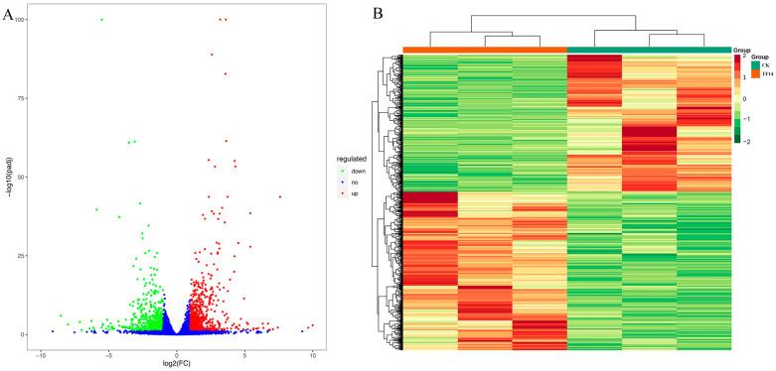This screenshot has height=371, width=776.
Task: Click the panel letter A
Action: [x=9, y=17]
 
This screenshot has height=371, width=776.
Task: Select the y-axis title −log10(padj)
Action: [x=7, y=177]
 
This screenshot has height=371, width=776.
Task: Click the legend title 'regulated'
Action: [x=351, y=159]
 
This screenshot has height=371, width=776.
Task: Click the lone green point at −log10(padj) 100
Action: [x=101, y=20]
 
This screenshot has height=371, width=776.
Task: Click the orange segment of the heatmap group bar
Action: [x=484, y=50]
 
